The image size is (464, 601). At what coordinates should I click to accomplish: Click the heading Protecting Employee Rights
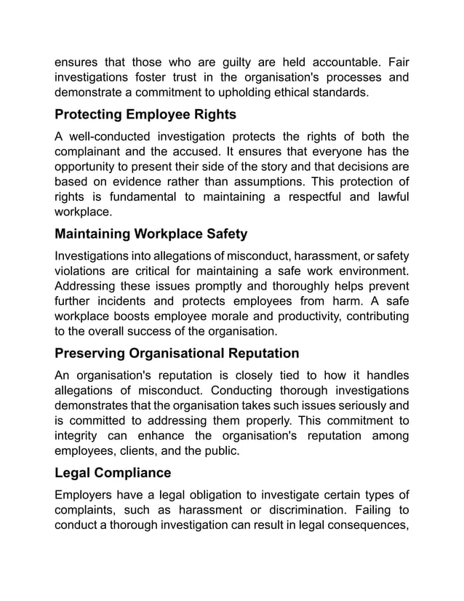pos(145,115)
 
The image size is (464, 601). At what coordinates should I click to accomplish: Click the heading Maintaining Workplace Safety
pos(151,234)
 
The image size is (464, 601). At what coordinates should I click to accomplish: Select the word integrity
pos(79,435)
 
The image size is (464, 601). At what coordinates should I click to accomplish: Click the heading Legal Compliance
pos(113,473)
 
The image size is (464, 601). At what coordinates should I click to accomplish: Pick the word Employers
pos(86,496)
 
